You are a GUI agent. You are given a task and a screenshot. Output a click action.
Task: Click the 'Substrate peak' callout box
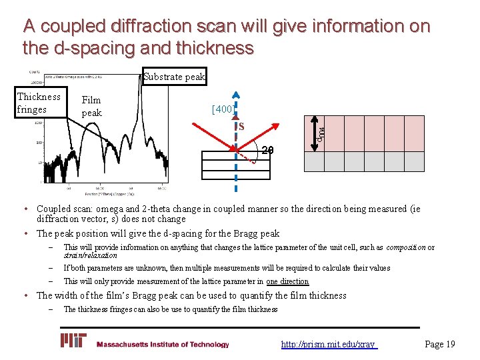tap(175, 77)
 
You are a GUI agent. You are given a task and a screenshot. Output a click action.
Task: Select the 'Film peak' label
tap(91, 107)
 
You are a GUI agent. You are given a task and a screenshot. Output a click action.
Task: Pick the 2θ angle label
tap(267, 149)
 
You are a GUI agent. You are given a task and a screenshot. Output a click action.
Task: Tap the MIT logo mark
tap(73, 341)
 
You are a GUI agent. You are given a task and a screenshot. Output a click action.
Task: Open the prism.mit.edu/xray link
tap(329, 344)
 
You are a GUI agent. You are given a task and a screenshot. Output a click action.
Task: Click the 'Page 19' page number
tap(440, 344)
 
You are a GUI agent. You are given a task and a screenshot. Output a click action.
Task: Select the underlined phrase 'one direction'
tap(287, 281)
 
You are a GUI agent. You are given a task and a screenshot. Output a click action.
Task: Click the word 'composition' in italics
tap(406, 247)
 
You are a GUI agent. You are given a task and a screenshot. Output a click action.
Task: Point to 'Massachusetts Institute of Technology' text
tap(163, 345)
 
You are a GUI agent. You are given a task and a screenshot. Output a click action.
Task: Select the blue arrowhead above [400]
tap(237, 95)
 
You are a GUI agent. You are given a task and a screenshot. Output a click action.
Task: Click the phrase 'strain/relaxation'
tap(90, 255)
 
